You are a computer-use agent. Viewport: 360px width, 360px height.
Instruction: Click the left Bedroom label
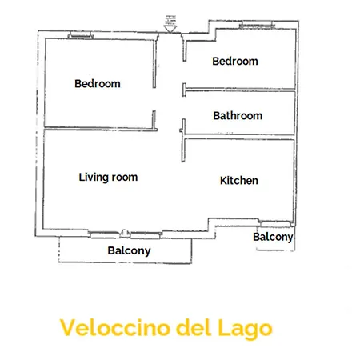[x=97, y=84]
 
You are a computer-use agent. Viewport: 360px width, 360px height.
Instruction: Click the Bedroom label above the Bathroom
[x=234, y=61]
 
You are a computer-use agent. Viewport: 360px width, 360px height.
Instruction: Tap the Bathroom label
[x=238, y=116]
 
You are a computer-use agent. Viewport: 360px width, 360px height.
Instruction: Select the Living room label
[x=108, y=177]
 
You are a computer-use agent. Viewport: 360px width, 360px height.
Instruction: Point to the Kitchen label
[x=238, y=181]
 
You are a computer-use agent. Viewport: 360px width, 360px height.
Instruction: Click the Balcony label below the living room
[x=129, y=250]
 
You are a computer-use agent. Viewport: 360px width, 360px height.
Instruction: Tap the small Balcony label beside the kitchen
[x=273, y=237]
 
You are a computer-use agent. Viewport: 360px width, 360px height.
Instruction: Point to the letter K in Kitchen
[x=223, y=181]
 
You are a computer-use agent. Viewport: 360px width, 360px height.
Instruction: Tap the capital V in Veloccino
[x=67, y=327]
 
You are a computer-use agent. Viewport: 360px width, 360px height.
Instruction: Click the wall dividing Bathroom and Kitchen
[x=240, y=138]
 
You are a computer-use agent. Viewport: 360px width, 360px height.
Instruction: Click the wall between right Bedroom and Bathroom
[x=240, y=89]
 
